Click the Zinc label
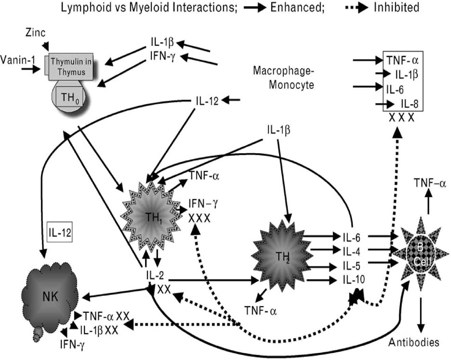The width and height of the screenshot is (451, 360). (x=36, y=33)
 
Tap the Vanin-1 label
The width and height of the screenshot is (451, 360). (x=18, y=60)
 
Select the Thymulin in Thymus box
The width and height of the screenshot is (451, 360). (x=71, y=67)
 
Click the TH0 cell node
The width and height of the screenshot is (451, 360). (x=70, y=97)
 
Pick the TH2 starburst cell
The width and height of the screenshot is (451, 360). (x=282, y=256)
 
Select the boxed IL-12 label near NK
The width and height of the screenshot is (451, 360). (x=60, y=232)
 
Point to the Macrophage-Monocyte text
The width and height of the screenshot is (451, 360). (x=284, y=78)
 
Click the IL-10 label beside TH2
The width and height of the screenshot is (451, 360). (x=354, y=279)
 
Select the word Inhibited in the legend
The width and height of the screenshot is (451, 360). (x=397, y=8)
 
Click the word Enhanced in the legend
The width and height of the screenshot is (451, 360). (x=297, y=8)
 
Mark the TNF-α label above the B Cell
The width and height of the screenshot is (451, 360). (x=430, y=183)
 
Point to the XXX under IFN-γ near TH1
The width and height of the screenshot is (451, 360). (x=199, y=219)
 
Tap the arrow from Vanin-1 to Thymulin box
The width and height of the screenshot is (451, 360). (x=31, y=69)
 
